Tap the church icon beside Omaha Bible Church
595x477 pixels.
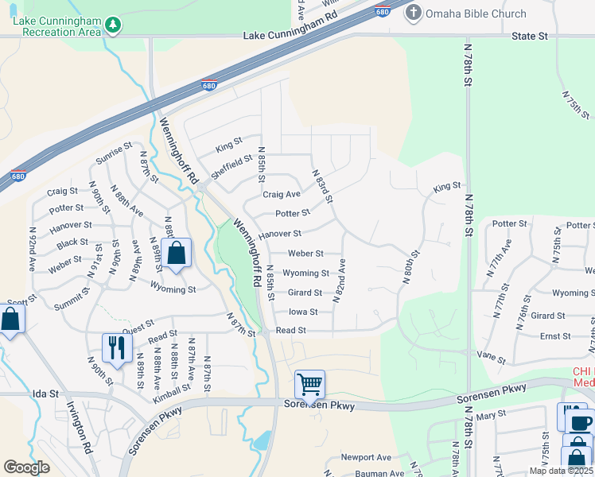tap(414, 13)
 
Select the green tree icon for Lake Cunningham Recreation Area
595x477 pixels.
tap(114, 25)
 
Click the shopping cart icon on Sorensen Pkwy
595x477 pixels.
tap(309, 384)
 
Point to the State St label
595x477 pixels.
tap(531, 37)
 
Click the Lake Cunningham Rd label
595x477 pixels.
tap(290, 37)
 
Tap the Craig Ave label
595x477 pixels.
tap(282, 194)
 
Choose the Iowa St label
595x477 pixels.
tap(303, 312)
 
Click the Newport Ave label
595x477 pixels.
tap(366, 457)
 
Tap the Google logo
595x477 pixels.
tap(26, 467)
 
